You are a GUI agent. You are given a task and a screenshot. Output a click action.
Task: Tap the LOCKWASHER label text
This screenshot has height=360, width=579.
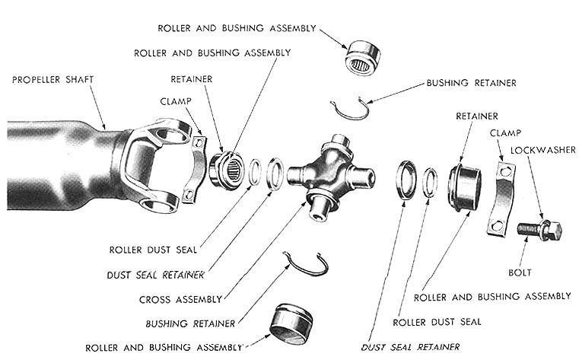[x=539, y=149]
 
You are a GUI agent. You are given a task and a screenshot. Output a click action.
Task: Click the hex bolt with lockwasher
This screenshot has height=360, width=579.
[x=539, y=228]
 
